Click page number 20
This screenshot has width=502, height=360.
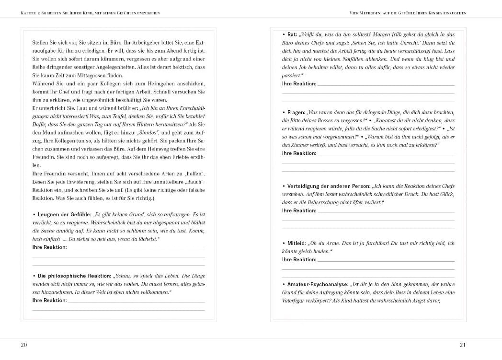click(x=24, y=345)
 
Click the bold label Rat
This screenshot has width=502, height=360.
click(x=292, y=35)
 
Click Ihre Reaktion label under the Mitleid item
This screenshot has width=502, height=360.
click(x=299, y=259)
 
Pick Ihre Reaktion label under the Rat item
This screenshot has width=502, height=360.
click(x=299, y=83)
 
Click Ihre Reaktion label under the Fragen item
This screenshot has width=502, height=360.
click(x=299, y=153)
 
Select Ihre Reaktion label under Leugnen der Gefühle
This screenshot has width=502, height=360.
click(x=49, y=247)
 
